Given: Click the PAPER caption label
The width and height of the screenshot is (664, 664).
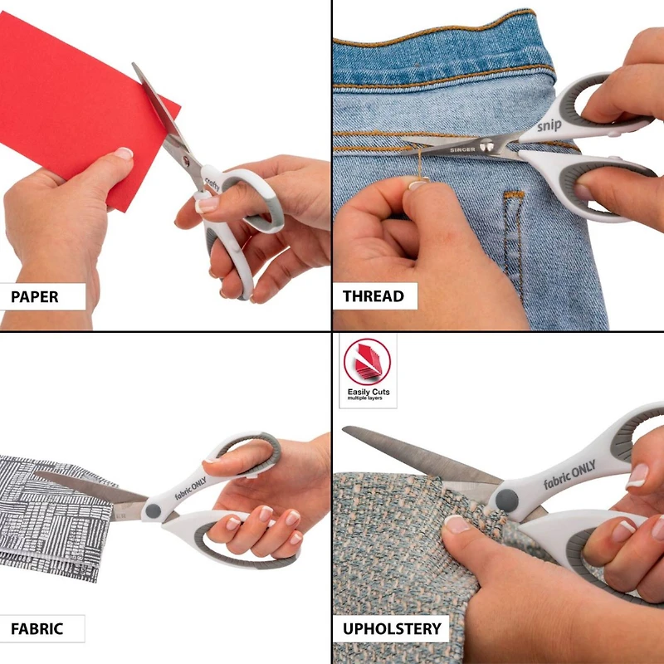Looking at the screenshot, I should tap(35, 296).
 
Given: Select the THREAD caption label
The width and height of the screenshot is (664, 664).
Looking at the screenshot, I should tap(373, 296).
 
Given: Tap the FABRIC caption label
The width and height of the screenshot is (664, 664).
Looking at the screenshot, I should tap(37, 628).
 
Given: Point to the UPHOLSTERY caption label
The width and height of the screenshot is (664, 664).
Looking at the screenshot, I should tap(392, 628).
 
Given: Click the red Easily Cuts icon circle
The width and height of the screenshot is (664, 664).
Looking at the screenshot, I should tap(367, 361).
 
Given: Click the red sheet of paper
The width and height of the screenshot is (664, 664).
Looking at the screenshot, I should tap(75, 100).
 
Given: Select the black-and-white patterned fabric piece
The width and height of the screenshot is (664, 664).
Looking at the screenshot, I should tap(58, 515).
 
